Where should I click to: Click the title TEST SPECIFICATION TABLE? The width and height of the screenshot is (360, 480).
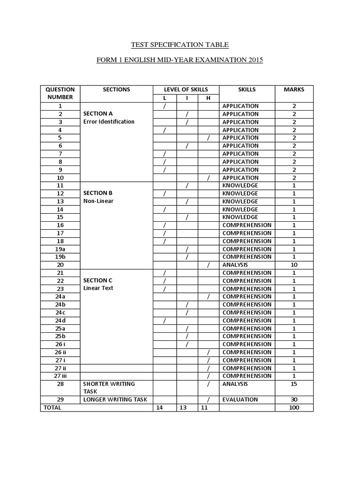pyautogui.click(x=180, y=45)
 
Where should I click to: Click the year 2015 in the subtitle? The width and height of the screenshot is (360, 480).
pyautogui.click(x=254, y=60)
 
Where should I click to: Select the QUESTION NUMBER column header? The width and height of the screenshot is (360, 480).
pyautogui.click(x=60, y=93)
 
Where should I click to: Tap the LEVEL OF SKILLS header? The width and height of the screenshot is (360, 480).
pyautogui.click(x=186, y=90)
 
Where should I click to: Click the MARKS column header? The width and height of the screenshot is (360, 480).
pyautogui.click(x=294, y=90)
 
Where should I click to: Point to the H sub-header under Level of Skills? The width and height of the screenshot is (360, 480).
pyautogui.click(x=208, y=98)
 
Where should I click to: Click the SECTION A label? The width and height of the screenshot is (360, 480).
pyautogui.click(x=98, y=113)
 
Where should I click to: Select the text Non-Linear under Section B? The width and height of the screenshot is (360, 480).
pyautogui.click(x=98, y=201)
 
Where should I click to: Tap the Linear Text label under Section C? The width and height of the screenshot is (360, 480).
pyautogui.click(x=98, y=288)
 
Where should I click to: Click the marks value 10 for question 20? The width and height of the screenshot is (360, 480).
pyautogui.click(x=294, y=265)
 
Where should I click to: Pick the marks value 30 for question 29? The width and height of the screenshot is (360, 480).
pyautogui.click(x=294, y=399)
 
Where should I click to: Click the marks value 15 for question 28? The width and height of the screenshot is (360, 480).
pyautogui.click(x=294, y=384)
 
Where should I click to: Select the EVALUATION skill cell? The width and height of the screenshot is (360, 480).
pyautogui.click(x=240, y=399)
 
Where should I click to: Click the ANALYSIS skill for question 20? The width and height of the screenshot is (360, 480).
pyautogui.click(x=235, y=265)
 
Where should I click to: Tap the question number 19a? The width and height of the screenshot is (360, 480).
pyautogui.click(x=60, y=249)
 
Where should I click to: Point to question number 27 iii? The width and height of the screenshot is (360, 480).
pyautogui.click(x=60, y=376)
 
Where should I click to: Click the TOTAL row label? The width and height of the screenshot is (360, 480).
pyautogui.click(x=52, y=408)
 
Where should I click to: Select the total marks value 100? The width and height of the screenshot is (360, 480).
pyautogui.click(x=294, y=408)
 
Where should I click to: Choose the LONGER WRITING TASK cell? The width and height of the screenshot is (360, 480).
pyautogui.click(x=115, y=399)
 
